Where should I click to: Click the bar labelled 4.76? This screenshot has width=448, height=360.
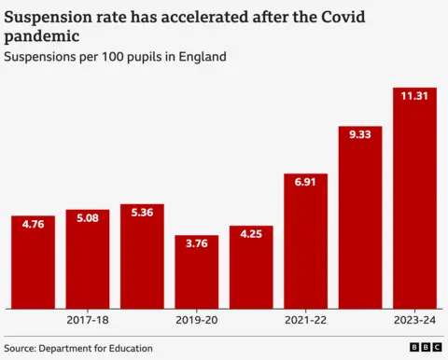point(33,266)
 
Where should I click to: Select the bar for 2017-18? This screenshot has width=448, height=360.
point(88,261)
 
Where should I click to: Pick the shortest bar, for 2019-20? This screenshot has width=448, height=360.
point(197,274)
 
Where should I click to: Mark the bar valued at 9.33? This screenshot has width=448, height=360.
point(360,219)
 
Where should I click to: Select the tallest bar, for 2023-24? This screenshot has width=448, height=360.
point(414,201)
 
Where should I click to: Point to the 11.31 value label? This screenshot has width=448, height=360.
point(414,96)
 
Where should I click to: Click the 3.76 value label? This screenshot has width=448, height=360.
point(197,244)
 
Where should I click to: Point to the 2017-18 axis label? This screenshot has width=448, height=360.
point(88,320)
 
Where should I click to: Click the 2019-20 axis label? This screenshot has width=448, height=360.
point(197,320)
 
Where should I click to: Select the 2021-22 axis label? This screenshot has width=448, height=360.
point(305,320)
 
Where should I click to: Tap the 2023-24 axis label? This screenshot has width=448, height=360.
point(414,320)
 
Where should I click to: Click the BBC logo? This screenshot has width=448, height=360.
point(424,348)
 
